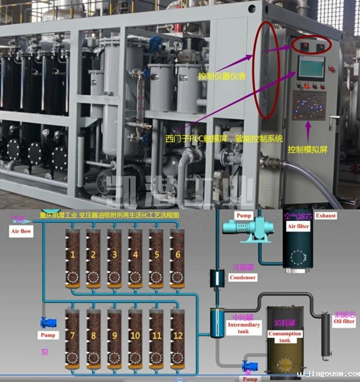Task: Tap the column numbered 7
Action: (73, 337)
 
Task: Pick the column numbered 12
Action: (177, 337)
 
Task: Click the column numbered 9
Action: (114, 337)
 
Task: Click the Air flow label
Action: (21, 232)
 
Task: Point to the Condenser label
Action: (243, 277)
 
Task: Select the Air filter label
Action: (298, 226)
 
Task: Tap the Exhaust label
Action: (326, 215)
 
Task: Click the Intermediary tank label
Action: (244, 328)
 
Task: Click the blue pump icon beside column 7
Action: (48, 322)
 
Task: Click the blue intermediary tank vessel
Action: (216, 322)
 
